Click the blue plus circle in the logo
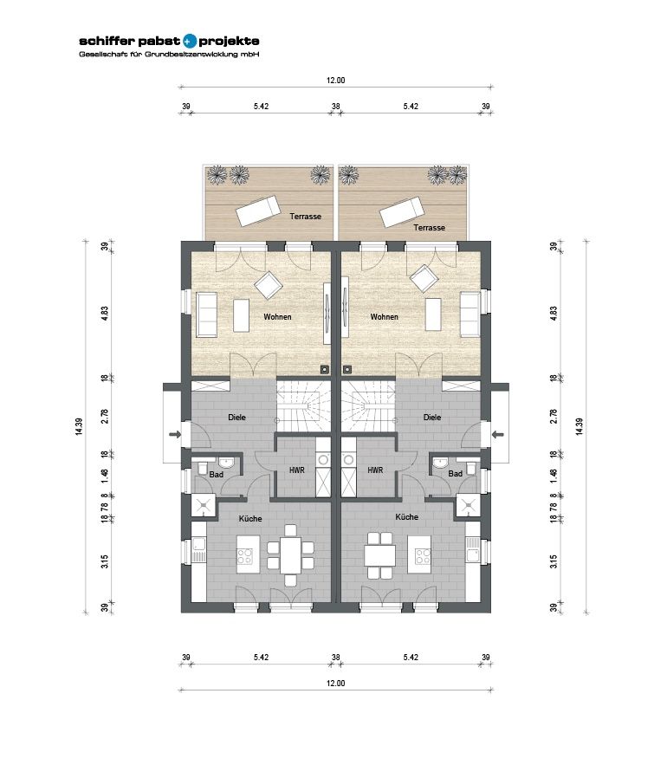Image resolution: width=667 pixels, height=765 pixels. (x=190, y=41)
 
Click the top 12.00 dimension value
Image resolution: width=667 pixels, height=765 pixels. (x=336, y=81)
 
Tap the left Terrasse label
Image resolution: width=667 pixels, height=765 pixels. (x=306, y=216)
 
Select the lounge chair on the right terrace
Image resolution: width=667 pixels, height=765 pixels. (x=402, y=211)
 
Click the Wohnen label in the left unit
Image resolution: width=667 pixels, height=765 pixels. (x=278, y=316)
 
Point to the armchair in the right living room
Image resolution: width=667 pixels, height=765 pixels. (x=424, y=279)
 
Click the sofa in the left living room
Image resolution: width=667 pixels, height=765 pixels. (x=206, y=314)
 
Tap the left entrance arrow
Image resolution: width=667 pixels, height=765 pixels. (x=175, y=434)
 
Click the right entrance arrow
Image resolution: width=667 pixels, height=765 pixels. (x=498, y=434)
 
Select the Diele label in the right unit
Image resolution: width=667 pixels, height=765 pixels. (x=432, y=417)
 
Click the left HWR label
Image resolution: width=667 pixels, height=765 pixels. (x=296, y=470)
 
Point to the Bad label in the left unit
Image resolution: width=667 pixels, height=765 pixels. (x=217, y=474)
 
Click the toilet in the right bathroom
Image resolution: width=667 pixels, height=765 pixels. (x=471, y=469)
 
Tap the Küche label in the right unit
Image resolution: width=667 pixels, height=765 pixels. (x=407, y=516)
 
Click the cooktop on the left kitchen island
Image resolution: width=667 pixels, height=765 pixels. (x=245, y=555)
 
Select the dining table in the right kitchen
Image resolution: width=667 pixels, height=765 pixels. (x=379, y=555)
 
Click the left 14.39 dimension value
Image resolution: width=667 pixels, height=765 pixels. (x=79, y=426)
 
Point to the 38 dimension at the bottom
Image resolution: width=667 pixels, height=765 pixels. (x=336, y=658)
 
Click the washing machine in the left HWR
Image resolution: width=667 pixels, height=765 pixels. (x=322, y=459)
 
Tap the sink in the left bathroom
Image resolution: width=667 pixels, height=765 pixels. (x=226, y=462)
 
